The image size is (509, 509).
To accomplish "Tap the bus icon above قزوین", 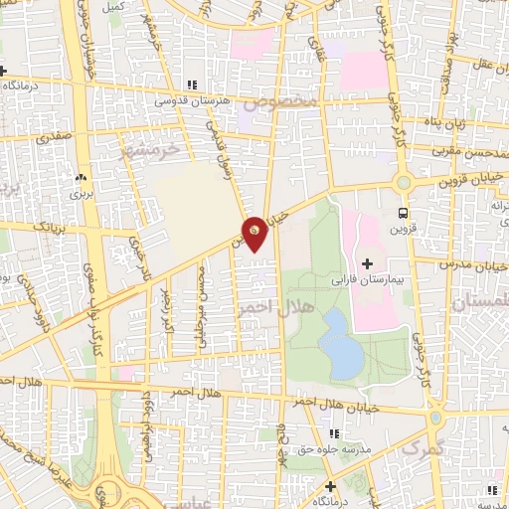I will tap(403, 212).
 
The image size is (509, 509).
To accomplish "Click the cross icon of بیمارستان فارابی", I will tap(367, 263).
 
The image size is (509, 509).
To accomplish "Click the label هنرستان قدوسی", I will tap(191, 100).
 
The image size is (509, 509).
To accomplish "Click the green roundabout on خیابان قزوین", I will tap(404, 183).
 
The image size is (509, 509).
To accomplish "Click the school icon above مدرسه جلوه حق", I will tap(333, 433).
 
